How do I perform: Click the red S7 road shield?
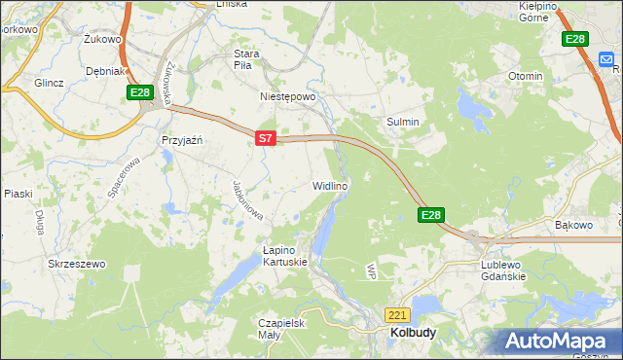(266, 139)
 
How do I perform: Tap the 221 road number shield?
(397, 315)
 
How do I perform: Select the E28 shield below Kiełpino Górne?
(575, 39)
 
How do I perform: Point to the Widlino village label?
(330, 185)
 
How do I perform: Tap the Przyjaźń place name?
(181, 139)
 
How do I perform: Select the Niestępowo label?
(288, 97)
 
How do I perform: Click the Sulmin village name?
(403, 122)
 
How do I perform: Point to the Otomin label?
(526, 76)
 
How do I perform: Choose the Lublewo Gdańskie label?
(503, 270)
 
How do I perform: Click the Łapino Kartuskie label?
(285, 255)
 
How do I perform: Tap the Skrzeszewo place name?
(76, 264)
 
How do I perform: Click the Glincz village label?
(49, 83)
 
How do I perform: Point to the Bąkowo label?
(573, 225)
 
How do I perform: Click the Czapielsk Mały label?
(283, 329)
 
